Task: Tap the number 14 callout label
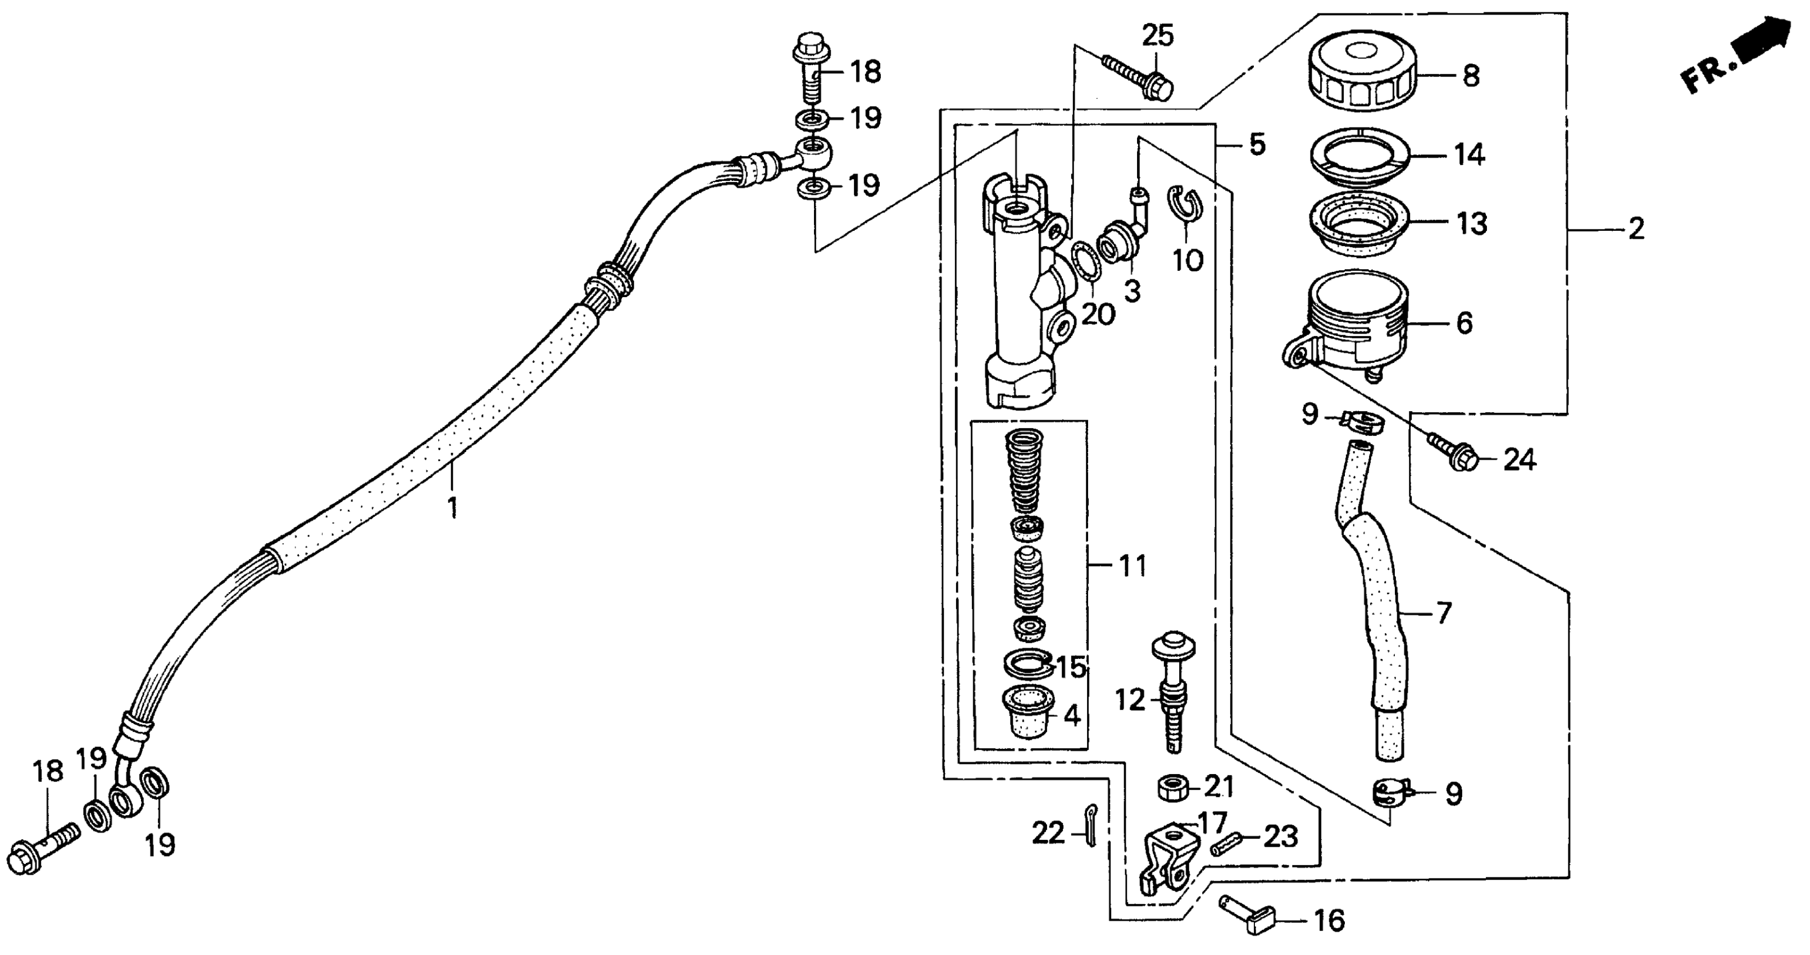coord(1468,154)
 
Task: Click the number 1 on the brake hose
coord(453,507)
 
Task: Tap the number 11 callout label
coord(1132,565)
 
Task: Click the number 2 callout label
coord(1636,229)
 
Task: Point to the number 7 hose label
coord(1443,613)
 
